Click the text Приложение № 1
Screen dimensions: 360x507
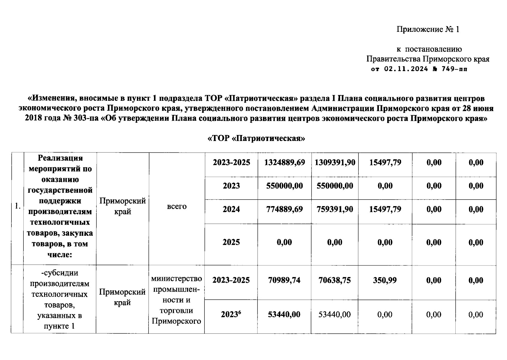428,29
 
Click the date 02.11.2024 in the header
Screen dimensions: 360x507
406,69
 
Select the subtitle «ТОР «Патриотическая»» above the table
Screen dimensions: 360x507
256,138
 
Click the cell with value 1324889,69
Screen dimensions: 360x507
284,163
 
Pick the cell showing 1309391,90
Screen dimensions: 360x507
335,163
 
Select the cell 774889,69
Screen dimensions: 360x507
284,209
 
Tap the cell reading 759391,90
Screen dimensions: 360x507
335,209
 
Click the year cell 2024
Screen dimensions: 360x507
231,209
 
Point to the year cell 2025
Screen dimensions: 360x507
231,242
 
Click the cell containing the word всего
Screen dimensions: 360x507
177,206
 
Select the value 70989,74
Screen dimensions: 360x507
284,280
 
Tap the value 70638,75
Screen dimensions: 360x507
335,280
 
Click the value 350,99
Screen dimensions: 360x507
385,280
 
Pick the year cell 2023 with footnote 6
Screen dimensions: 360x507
231,314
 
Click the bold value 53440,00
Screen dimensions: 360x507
284,314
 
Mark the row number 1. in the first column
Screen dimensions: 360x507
17,206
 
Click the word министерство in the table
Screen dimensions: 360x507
177,279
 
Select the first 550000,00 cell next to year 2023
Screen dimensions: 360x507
284,186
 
